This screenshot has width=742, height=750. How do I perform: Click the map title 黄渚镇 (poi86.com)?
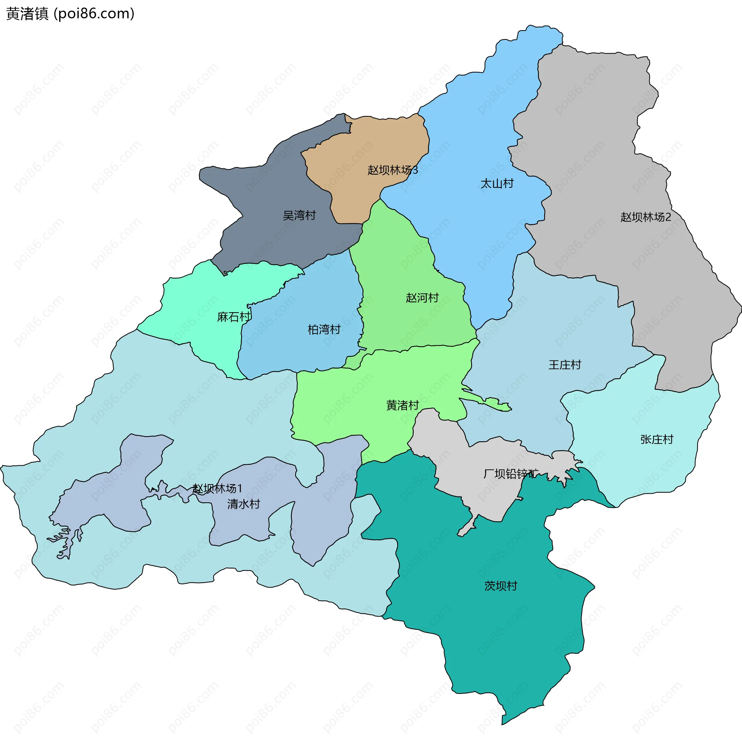click(70, 14)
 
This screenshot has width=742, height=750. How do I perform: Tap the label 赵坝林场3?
click(393, 170)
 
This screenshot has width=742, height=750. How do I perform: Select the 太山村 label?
click(497, 184)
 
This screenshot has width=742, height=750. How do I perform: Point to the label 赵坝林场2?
click(645, 217)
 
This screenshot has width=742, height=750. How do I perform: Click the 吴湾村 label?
click(299, 216)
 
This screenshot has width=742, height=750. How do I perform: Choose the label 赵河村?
click(422, 298)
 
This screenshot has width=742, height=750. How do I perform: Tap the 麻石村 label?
click(233, 317)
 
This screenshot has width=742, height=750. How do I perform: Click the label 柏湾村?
click(324, 330)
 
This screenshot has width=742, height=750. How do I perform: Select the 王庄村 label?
click(565, 365)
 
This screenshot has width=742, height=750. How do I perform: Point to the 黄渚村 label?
click(402, 405)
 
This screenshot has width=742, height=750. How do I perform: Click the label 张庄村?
click(657, 439)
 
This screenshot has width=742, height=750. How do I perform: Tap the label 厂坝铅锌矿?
click(511, 474)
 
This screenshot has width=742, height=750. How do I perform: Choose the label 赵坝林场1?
click(217, 488)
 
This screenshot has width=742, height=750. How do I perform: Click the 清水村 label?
click(243, 504)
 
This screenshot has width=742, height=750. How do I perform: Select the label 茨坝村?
click(501, 586)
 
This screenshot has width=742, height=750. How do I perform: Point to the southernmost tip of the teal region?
click(502, 723)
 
